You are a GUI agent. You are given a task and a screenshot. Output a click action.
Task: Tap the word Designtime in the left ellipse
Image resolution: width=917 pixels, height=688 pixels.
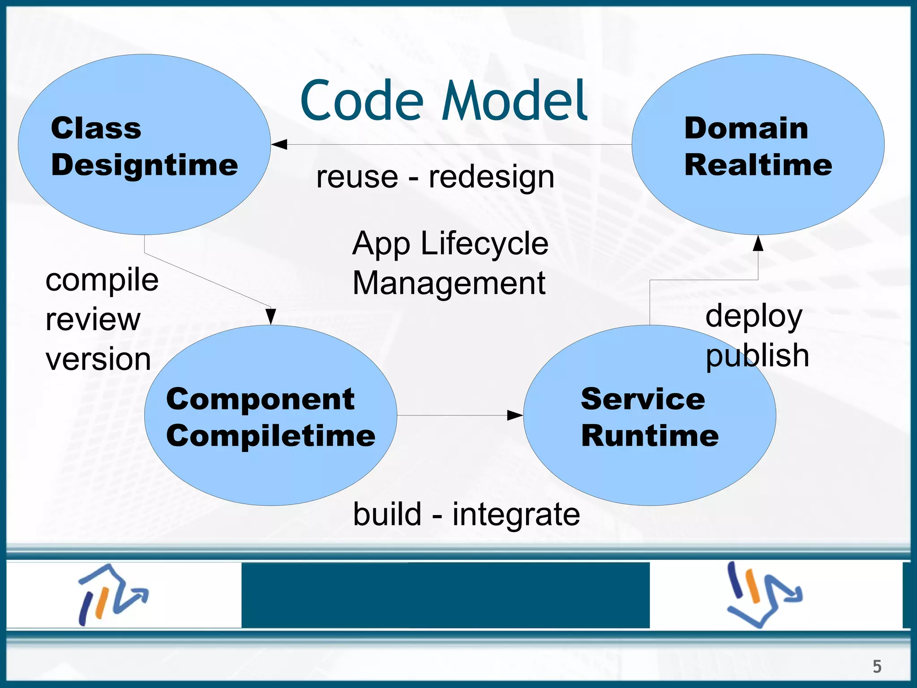click(144, 165)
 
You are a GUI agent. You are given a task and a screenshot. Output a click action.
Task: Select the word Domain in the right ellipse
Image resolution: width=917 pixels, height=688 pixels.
click(746, 129)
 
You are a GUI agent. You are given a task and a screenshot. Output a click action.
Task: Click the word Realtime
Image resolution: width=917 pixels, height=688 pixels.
click(758, 165)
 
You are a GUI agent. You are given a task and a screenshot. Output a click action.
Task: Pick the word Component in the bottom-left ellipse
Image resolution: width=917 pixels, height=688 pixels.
click(260, 399)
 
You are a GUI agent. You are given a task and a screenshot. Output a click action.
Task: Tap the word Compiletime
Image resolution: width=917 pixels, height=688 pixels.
click(270, 436)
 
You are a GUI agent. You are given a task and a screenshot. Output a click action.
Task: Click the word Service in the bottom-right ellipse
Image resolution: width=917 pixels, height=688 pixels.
click(643, 399)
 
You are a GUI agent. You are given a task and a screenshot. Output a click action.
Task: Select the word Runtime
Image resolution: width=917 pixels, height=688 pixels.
click(650, 436)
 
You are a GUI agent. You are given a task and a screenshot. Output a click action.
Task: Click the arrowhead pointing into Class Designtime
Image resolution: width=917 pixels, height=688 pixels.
click(279, 144)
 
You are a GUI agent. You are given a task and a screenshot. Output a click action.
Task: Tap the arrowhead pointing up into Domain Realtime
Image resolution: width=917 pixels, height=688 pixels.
click(758, 243)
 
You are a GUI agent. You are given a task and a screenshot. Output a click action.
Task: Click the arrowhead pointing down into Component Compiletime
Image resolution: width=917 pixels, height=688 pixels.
click(270, 316)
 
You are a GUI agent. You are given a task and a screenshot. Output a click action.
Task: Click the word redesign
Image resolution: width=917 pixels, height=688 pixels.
click(491, 177)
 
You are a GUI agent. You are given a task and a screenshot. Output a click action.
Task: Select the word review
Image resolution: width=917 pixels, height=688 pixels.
click(93, 320)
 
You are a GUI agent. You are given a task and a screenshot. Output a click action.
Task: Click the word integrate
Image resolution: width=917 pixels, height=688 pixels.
click(516, 515)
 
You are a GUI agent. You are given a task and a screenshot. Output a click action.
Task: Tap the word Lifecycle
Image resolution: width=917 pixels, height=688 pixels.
click(484, 244)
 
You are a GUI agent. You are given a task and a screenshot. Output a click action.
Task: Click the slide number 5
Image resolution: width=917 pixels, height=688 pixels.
click(877, 666)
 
